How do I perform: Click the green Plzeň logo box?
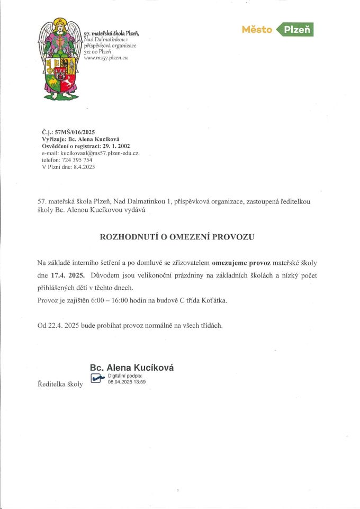click(297, 30)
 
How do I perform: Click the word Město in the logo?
click(257, 30)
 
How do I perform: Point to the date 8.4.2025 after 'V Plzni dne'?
click(84, 167)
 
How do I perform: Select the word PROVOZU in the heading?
click(233, 237)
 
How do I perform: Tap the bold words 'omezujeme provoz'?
click(242, 263)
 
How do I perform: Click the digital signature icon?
click(98, 378)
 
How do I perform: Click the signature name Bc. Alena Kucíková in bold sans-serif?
click(132, 368)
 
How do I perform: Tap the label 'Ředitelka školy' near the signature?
click(60, 384)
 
